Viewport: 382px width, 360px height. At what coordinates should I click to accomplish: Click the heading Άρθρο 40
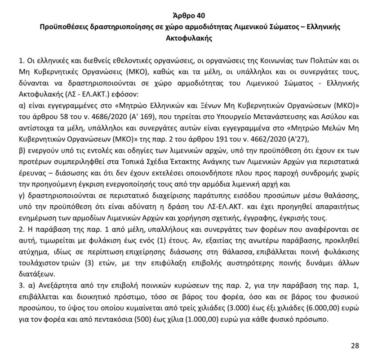(x=191, y=16)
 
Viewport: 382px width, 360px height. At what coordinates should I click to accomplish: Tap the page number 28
(x=355, y=346)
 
